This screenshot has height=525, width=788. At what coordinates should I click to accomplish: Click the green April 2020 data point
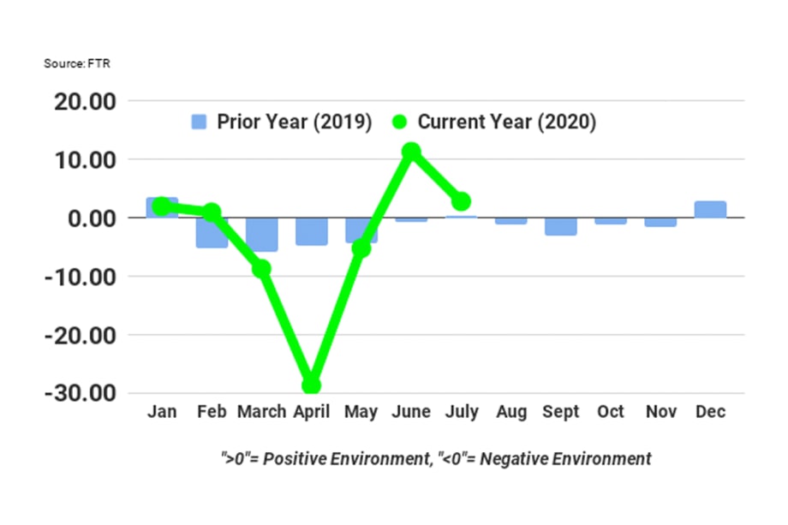click(311, 385)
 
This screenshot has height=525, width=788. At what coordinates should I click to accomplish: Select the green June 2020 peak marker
click(411, 152)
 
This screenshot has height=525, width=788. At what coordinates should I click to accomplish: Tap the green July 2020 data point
click(461, 201)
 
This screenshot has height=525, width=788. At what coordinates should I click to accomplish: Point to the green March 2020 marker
click(261, 269)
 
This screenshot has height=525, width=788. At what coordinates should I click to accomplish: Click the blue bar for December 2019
click(710, 210)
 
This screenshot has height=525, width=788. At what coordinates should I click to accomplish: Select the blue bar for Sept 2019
click(561, 226)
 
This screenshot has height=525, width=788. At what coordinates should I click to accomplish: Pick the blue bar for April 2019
click(311, 231)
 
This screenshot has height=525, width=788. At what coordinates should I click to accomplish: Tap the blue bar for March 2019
click(261, 234)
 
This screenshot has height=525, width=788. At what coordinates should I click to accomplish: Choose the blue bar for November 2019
click(660, 222)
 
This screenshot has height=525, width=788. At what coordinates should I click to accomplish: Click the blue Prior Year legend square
click(199, 122)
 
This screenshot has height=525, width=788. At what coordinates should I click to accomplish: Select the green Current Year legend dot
click(400, 122)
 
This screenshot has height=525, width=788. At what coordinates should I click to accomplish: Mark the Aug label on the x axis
click(511, 412)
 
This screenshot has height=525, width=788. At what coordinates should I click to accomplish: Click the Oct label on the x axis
click(611, 412)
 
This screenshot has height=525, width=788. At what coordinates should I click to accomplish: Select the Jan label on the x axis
click(162, 412)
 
